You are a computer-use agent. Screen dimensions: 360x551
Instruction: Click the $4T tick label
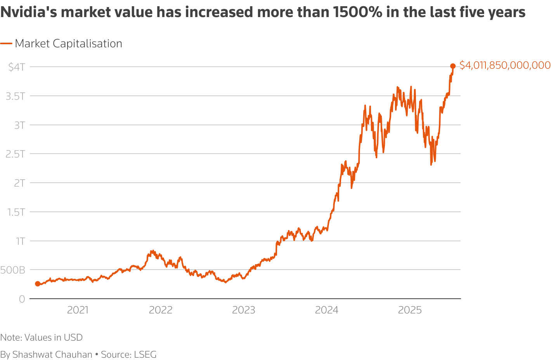pyautogui.click(x=17, y=67)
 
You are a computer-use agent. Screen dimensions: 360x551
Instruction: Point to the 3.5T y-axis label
pyautogui.click(x=15, y=96)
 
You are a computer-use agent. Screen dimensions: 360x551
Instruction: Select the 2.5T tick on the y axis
pyautogui.click(x=15, y=154)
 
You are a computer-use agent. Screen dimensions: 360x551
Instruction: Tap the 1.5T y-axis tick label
pyautogui.click(x=16, y=212)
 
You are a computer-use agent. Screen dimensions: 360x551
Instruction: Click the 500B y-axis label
pyautogui.click(x=13, y=270)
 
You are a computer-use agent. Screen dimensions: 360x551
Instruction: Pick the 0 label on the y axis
pyautogui.click(x=22, y=299)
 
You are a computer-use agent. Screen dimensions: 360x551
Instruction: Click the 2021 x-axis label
pyautogui.click(x=78, y=310)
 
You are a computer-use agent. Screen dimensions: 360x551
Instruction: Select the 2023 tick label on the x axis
pyautogui.click(x=244, y=310)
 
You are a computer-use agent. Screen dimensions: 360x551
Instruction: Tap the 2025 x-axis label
pyautogui.click(x=410, y=310)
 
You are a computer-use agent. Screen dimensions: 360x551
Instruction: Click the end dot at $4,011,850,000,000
pyautogui.click(x=452, y=66)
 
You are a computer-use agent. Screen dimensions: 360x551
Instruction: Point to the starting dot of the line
pyautogui.click(x=38, y=284)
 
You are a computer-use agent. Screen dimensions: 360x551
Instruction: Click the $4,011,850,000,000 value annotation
pyautogui.click(x=505, y=65)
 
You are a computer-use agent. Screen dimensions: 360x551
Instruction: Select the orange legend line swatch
pyautogui.click(x=6, y=44)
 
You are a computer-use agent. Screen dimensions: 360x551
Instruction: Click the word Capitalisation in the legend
pyautogui.click(x=87, y=44)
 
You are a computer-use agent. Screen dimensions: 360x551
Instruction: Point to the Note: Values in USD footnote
pyautogui.click(x=42, y=337)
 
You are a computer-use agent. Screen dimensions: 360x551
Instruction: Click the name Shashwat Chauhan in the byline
pyautogui.click(x=52, y=355)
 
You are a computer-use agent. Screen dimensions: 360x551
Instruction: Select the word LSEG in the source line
pyautogui.click(x=145, y=355)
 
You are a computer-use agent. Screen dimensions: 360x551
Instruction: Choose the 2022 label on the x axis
pyautogui.click(x=161, y=310)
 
